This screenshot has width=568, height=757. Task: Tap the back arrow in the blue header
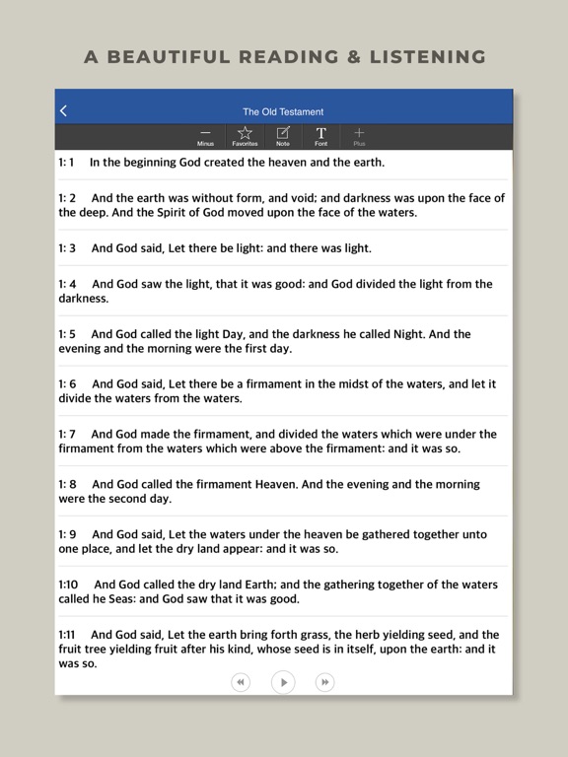tap(64, 111)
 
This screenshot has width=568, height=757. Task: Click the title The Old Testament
tap(283, 111)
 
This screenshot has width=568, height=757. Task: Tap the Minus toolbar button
tap(205, 136)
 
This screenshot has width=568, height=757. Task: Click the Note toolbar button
tap(283, 136)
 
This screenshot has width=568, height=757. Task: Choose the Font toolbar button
tap(320, 136)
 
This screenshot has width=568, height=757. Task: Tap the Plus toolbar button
tap(359, 136)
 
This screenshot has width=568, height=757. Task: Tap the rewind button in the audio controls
tap(241, 681)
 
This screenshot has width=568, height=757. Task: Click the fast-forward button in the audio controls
tap(324, 681)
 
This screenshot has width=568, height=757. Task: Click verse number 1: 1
tap(67, 162)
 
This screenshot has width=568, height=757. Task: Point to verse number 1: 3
tap(67, 248)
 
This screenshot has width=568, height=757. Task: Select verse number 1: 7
tap(67, 434)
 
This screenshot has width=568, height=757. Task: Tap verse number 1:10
tap(68, 585)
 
